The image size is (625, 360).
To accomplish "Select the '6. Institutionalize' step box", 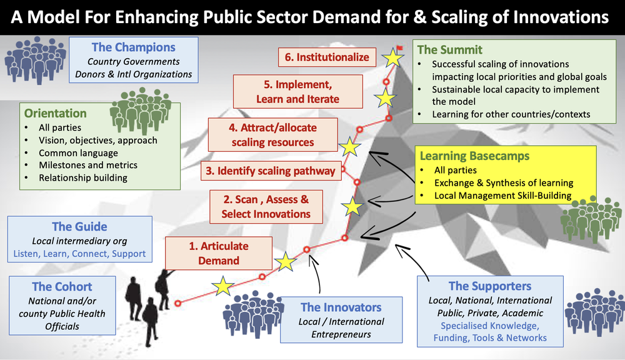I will click(x=327, y=57).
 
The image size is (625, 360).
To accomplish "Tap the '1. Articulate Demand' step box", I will click(x=219, y=252).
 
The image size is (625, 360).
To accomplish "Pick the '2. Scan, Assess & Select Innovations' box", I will click(x=266, y=207).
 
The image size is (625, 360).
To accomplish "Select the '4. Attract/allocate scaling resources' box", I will click(x=272, y=135).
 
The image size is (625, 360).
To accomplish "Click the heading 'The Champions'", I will click(x=134, y=47).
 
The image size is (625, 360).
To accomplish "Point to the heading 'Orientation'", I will click(x=56, y=113).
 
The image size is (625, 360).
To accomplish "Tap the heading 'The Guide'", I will click(x=79, y=227).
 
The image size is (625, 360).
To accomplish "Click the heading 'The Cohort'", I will click(x=62, y=287).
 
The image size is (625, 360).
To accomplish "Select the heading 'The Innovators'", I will click(x=341, y=307).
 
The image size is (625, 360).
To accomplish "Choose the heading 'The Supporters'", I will click(x=490, y=286).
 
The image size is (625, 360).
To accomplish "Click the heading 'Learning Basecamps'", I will click(x=466, y=156).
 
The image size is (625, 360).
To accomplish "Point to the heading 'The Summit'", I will click(x=450, y=49).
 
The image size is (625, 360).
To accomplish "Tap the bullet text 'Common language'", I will click(x=78, y=152).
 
